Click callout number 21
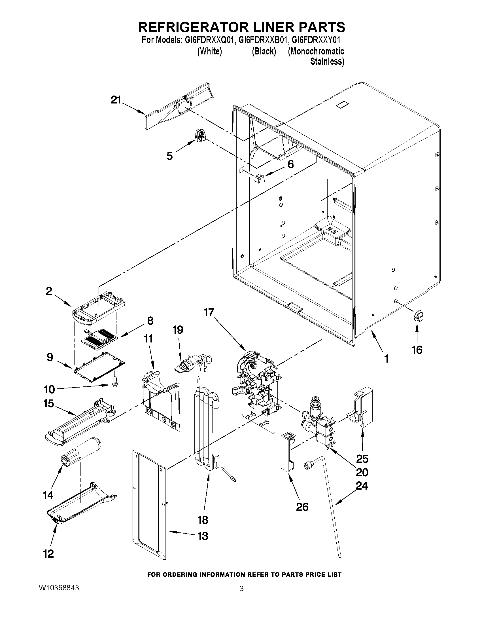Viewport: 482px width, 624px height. point(116,100)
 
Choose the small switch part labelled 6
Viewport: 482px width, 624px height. point(259,179)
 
